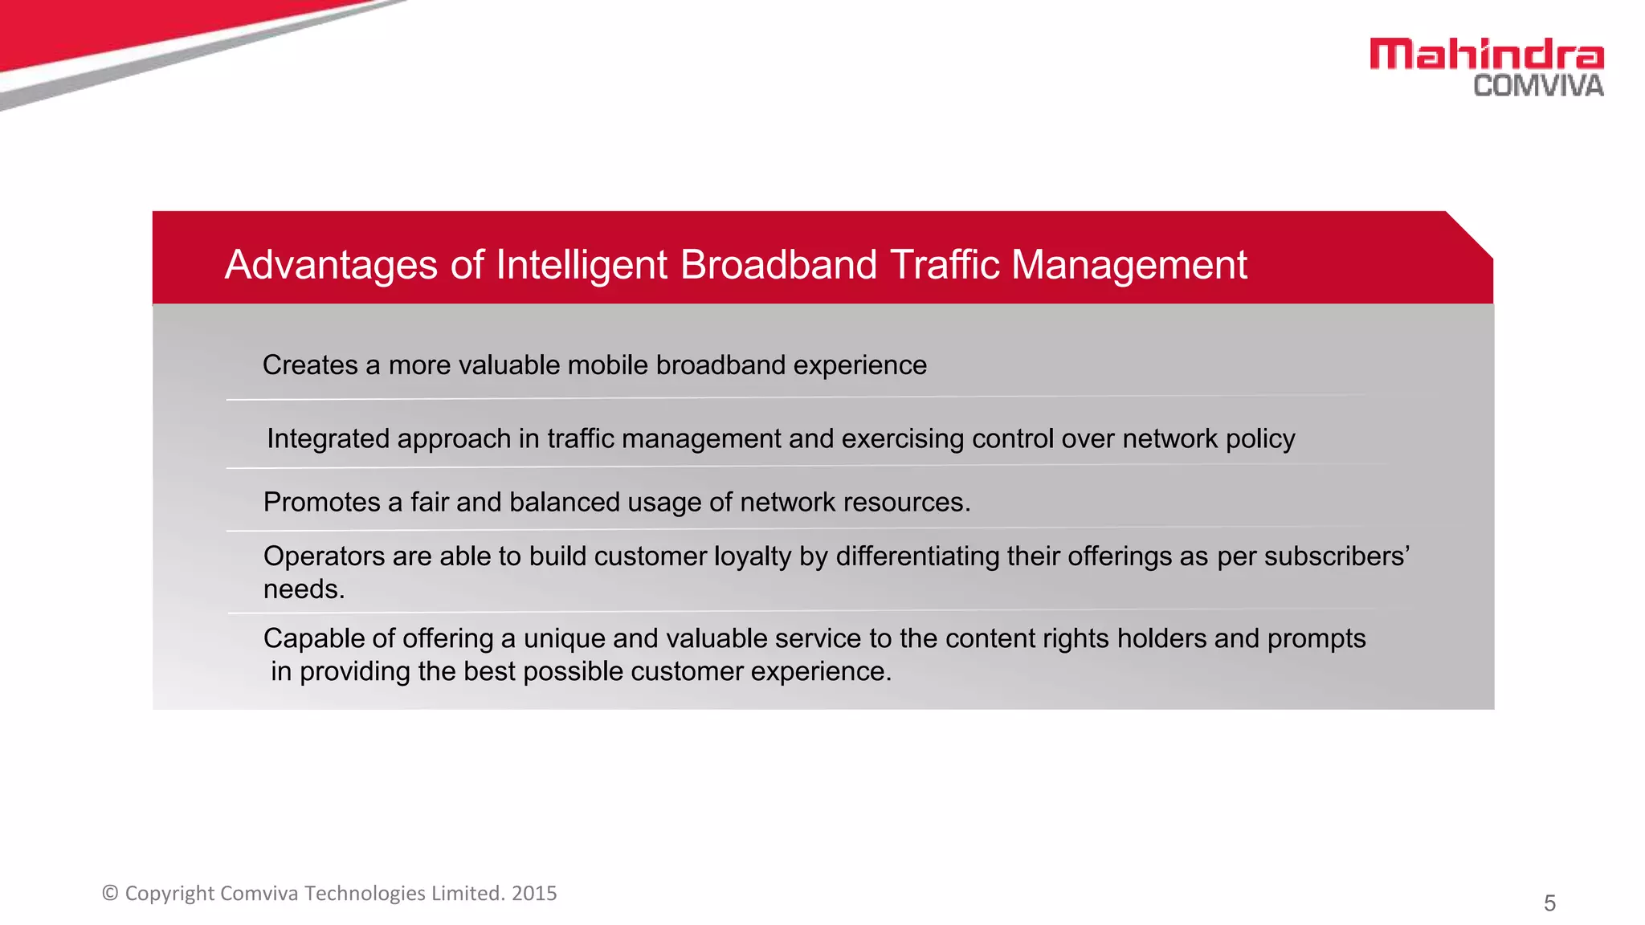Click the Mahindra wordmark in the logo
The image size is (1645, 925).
point(1486,55)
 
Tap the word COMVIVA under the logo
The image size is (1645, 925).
point(1538,86)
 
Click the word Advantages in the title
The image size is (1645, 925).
point(331,265)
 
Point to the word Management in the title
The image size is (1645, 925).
point(1129,265)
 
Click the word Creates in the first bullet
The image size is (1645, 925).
point(310,365)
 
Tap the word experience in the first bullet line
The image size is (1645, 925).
point(859,365)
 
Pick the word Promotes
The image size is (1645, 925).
point(321,503)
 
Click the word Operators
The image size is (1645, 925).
point(324,556)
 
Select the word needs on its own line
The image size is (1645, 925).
point(302,589)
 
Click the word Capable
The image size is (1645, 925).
point(314,638)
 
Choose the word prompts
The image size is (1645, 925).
point(1316,639)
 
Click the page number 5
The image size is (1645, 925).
point(1549,903)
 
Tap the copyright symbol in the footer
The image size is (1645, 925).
point(111,894)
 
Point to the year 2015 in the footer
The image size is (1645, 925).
point(534,894)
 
